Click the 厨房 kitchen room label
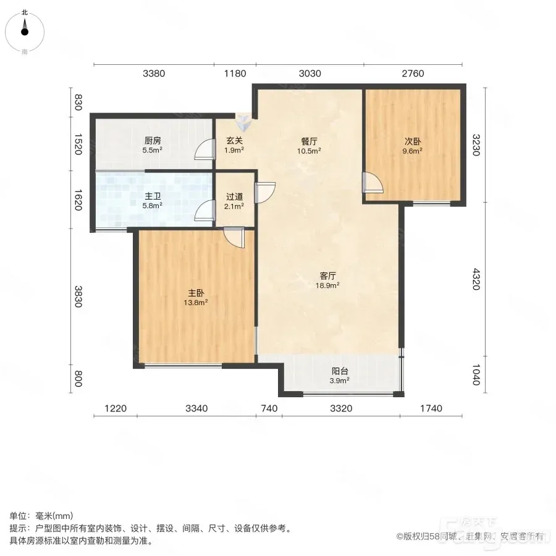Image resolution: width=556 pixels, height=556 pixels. [153, 141]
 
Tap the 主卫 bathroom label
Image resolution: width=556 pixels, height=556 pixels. [153, 196]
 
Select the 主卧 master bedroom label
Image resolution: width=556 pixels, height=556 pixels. [196, 293]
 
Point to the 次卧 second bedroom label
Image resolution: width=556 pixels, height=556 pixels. [413, 141]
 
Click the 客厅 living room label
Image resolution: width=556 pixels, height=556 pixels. [327, 276]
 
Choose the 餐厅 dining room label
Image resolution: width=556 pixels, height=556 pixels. [310, 141]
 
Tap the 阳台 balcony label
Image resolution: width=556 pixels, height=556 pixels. [340, 371]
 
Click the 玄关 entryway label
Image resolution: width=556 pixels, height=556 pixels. [234, 141]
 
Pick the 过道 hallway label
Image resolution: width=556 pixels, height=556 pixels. [234, 196]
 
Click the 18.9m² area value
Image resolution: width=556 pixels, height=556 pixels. [327, 285]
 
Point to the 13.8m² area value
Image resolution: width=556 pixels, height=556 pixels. [196, 303]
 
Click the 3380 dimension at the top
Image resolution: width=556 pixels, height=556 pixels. [154, 74]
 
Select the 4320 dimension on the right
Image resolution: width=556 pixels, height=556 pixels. [476, 279]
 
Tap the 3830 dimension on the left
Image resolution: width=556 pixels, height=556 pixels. [78, 297]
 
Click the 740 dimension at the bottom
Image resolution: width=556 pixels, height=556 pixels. [269, 408]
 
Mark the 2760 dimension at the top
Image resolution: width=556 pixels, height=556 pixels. [413, 74]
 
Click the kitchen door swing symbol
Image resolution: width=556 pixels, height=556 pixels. [205, 150]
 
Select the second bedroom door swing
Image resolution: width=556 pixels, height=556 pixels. [373, 183]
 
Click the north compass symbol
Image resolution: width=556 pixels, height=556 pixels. [25, 32]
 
